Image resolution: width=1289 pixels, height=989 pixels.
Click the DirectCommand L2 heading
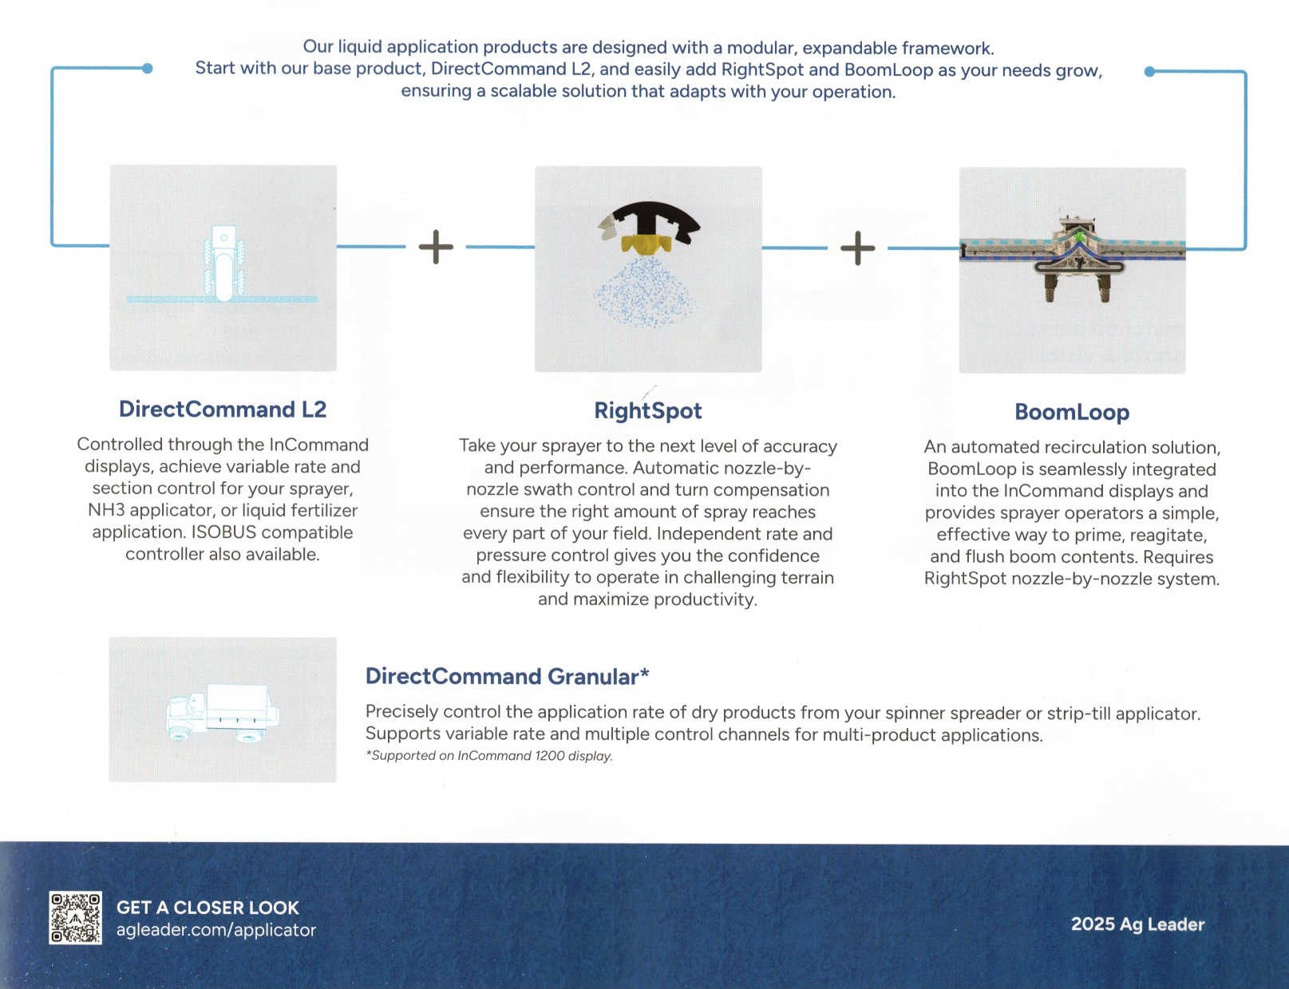(x=223, y=409)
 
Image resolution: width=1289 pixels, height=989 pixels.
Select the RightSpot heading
(x=647, y=411)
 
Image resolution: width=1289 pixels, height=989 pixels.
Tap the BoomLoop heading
(x=1072, y=413)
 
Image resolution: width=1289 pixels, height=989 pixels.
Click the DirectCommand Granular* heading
(x=507, y=677)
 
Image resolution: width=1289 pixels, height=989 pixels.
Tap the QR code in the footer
(x=75, y=918)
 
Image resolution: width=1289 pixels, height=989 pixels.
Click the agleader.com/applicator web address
(x=215, y=930)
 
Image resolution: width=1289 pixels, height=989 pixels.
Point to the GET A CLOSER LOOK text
(x=208, y=908)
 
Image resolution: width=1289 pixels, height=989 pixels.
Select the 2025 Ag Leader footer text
(x=1137, y=924)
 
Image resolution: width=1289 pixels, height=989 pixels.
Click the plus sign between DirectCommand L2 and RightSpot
(x=436, y=247)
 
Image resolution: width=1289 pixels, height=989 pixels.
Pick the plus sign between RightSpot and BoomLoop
(x=858, y=248)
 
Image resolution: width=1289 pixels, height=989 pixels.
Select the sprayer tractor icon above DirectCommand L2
(x=223, y=263)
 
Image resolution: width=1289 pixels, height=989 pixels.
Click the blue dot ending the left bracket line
(x=147, y=69)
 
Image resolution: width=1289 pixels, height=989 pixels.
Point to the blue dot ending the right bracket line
(x=1149, y=72)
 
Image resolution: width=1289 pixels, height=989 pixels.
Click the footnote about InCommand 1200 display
(x=488, y=756)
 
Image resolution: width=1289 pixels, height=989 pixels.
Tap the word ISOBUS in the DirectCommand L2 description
(x=224, y=532)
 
